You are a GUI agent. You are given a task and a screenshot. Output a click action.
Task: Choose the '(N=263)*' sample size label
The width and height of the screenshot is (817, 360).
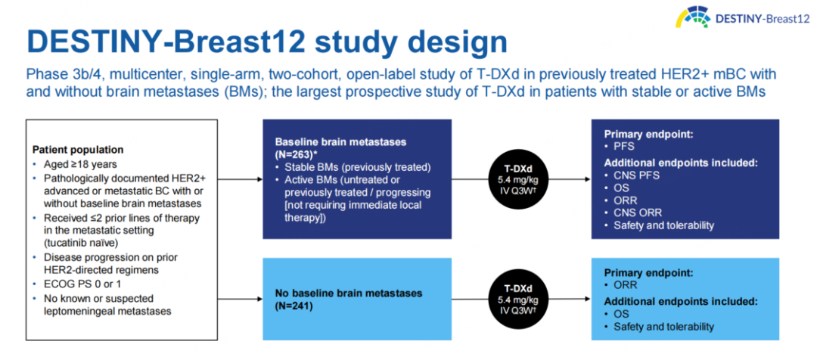point(300,154)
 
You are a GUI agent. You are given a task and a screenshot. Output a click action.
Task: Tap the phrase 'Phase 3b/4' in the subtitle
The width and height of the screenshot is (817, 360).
point(56,76)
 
